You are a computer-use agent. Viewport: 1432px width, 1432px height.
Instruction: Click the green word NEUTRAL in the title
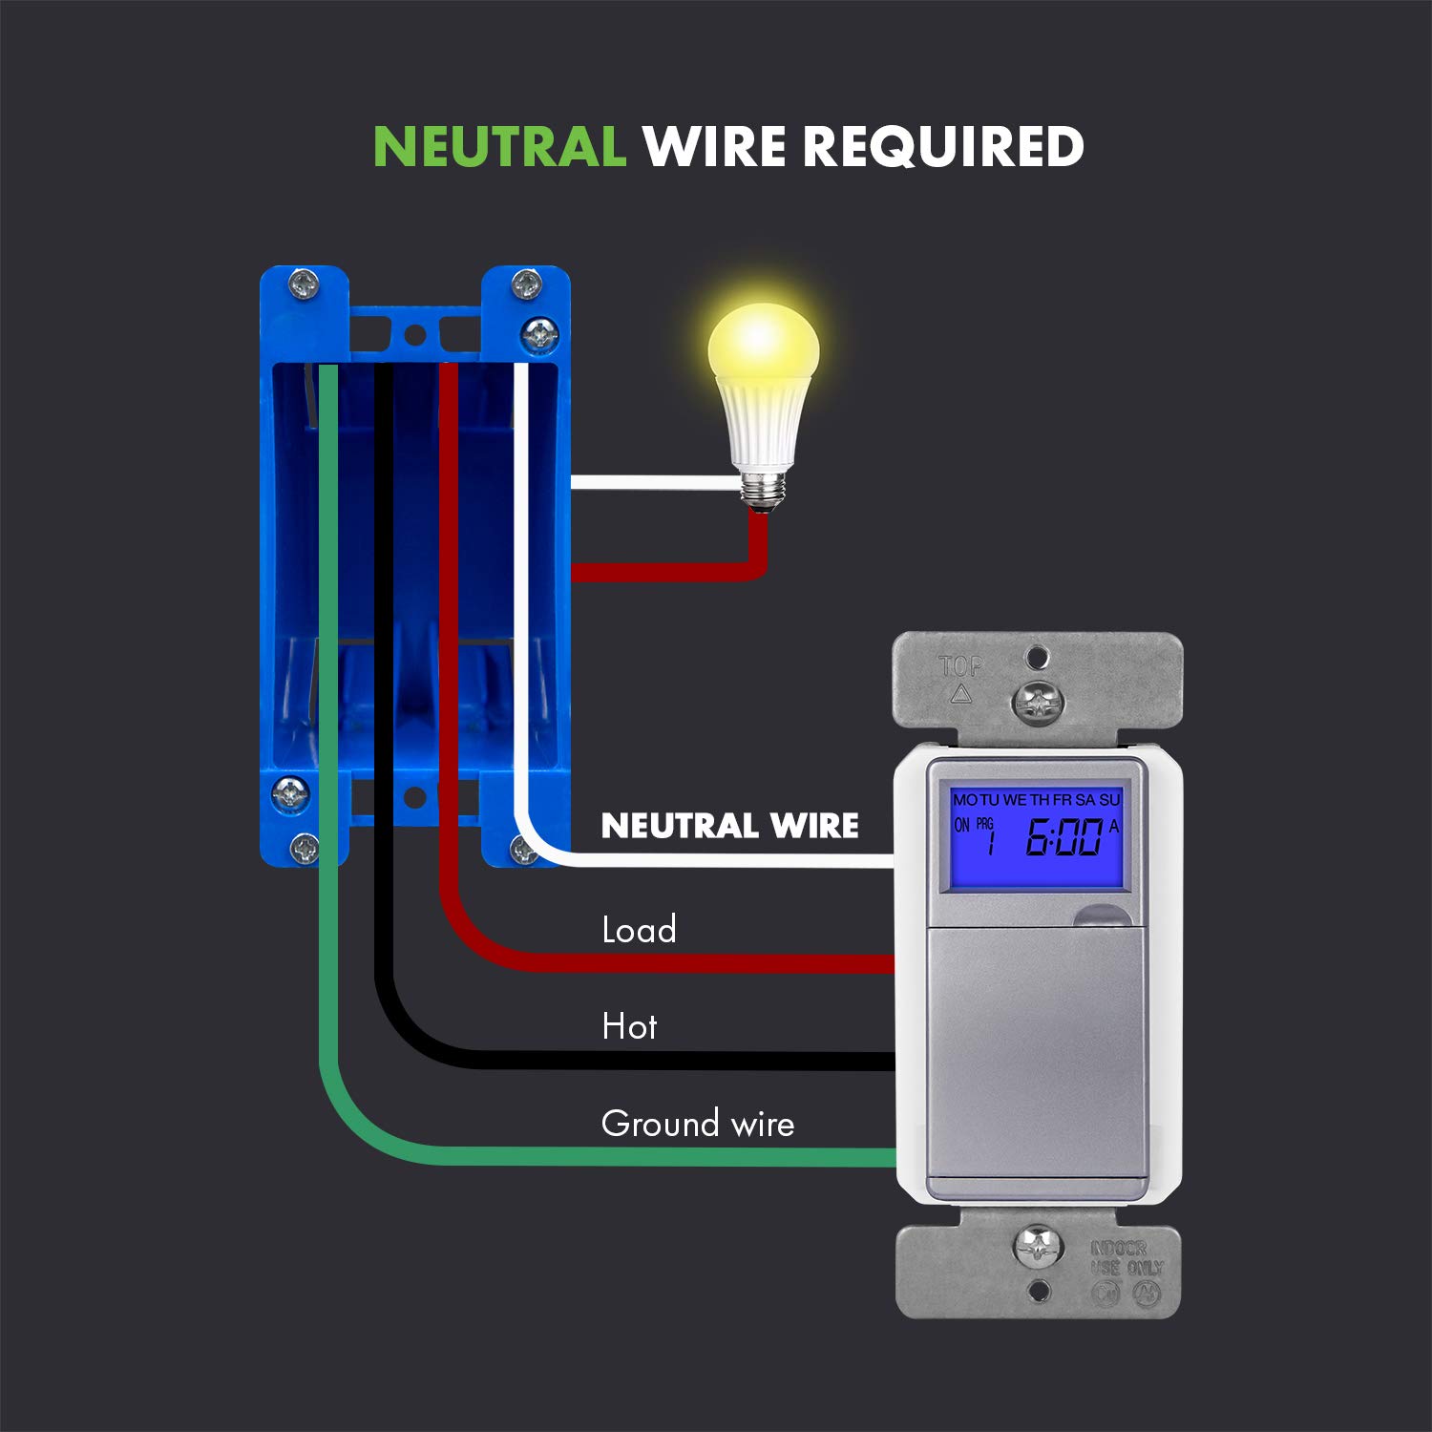coord(498,147)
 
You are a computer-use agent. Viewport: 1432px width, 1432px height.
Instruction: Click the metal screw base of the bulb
coord(763,490)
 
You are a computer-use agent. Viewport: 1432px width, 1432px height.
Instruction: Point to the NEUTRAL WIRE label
coord(729,826)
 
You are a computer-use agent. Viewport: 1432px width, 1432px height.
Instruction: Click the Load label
coord(639,930)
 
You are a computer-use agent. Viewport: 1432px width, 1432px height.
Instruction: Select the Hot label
coord(629,1027)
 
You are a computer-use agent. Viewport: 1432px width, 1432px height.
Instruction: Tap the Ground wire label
coord(698,1124)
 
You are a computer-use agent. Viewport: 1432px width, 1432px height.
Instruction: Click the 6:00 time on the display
coord(1063,839)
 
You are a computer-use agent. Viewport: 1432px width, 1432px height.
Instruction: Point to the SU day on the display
coord(1109,800)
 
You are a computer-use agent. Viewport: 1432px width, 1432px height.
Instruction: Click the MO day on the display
coord(964,800)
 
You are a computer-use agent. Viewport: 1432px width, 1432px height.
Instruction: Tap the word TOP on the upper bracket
coord(960,666)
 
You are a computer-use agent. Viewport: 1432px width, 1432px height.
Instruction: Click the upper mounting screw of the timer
coord(1037,704)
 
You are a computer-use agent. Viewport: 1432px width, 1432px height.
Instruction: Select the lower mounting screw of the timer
coord(1038,1248)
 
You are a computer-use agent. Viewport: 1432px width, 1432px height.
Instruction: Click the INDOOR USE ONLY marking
coord(1127,1258)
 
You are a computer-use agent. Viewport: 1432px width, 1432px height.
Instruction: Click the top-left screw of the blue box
coord(305,284)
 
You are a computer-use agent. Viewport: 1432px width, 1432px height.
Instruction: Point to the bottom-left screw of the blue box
coord(305,847)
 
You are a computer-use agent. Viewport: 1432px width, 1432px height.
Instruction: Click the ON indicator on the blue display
coord(961,825)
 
